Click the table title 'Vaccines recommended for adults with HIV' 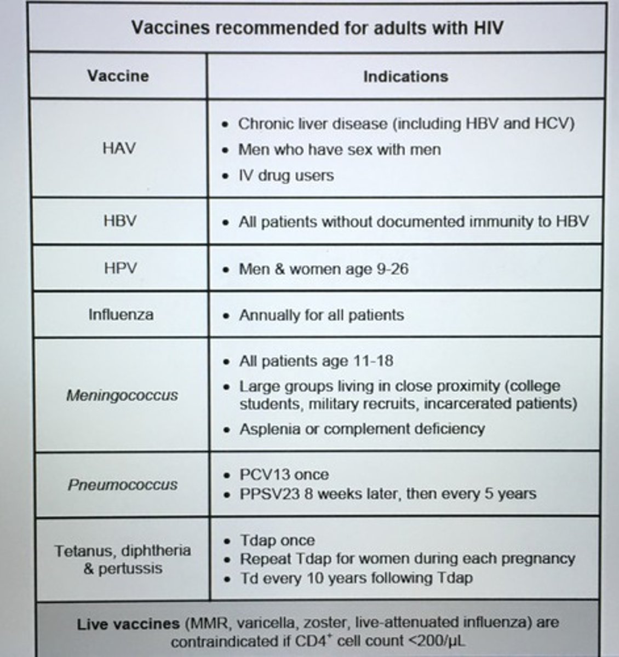317,27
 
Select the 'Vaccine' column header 118,76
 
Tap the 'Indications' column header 405,76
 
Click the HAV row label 119,148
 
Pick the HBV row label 120,221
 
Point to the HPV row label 120,268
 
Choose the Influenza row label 121,314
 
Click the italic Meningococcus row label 122,395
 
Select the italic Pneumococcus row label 123,485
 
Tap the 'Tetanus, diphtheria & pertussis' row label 123,559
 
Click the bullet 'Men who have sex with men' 339,149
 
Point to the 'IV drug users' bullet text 285,176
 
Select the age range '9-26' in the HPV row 392,269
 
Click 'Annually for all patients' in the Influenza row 322,315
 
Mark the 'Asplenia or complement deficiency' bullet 362,428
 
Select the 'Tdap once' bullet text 277,540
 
